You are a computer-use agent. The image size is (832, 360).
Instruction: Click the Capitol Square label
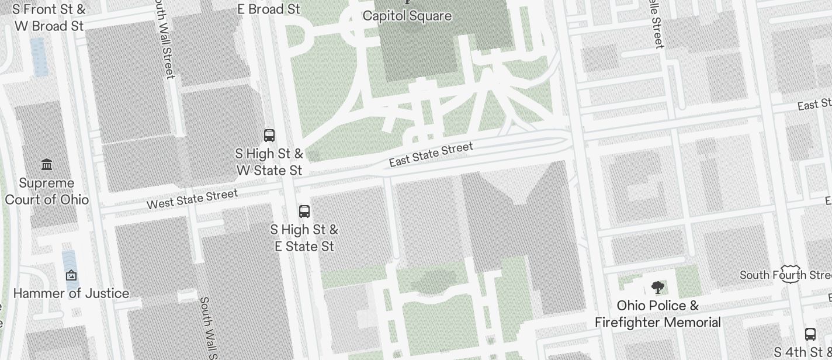[407, 16]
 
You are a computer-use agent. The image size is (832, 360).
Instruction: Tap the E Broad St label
[269, 9]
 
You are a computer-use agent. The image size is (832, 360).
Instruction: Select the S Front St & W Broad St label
[48, 18]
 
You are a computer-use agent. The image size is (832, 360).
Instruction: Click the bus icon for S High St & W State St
[269, 136]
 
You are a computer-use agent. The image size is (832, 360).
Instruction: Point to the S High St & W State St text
[269, 162]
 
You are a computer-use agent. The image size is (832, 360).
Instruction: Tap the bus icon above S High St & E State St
[304, 212]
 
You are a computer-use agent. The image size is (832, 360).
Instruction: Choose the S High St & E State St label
[304, 237]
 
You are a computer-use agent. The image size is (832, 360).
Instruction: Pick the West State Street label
[192, 199]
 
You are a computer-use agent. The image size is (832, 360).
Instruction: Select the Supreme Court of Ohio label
[47, 191]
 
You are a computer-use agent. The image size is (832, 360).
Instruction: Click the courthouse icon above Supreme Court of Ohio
[47, 165]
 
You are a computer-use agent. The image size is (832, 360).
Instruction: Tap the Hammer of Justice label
[71, 293]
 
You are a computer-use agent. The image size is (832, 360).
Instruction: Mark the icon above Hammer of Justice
[71, 275]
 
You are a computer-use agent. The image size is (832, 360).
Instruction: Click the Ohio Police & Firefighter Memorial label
[658, 314]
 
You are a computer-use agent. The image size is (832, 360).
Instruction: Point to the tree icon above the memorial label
[658, 287]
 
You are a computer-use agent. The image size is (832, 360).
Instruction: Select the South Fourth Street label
[785, 275]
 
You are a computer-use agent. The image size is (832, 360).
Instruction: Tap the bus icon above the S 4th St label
[810, 334]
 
